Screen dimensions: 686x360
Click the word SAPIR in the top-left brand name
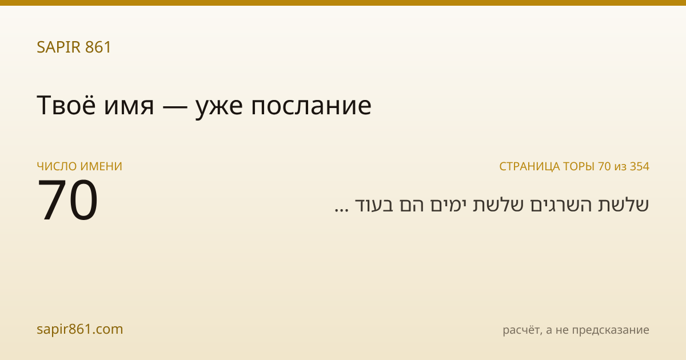pos(59,47)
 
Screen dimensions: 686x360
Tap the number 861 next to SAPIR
pos(98,47)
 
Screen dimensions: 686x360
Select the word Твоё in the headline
pos(66,105)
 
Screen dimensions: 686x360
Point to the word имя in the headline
pos(129,107)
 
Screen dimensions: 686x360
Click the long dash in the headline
pos(175,107)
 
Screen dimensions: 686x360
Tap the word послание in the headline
pos(311,107)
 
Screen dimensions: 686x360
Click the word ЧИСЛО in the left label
pos(57,166)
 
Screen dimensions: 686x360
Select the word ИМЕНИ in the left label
pos(101,166)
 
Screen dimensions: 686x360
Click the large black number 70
pos(67,200)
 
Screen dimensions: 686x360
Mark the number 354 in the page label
pos(640,166)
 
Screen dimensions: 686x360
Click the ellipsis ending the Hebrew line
pos(341,210)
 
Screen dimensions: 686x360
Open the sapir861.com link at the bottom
pos(79,329)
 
